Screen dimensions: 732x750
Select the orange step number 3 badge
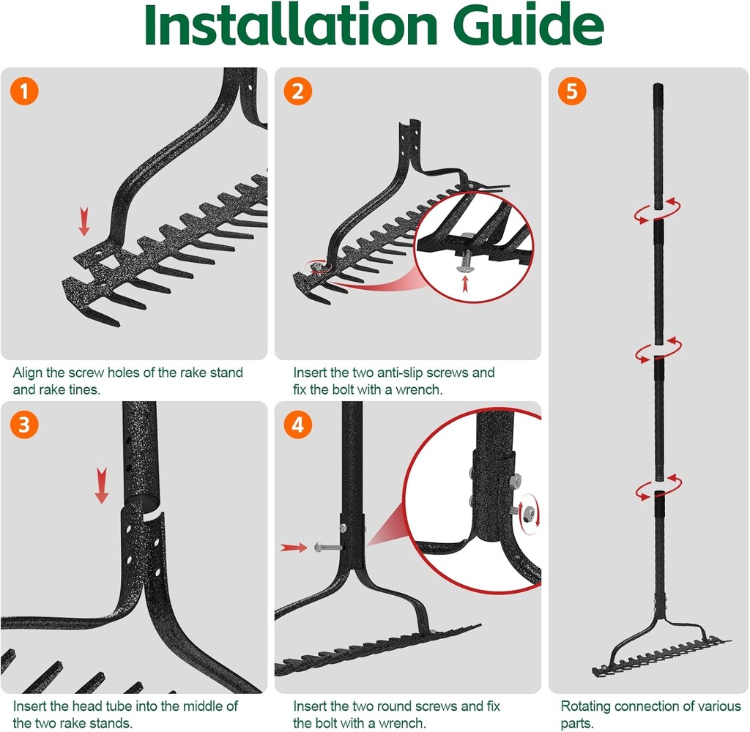point(24,425)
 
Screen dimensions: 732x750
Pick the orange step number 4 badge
point(298,425)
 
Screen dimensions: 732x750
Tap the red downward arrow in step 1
point(84,221)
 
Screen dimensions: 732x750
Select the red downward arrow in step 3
point(102,487)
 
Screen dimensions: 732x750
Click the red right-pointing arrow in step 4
point(294,547)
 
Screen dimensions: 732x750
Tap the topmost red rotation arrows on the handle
point(658,209)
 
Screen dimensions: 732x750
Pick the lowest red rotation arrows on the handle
point(658,487)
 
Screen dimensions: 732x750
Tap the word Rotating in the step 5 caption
point(587,706)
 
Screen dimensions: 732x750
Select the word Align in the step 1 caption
point(28,373)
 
